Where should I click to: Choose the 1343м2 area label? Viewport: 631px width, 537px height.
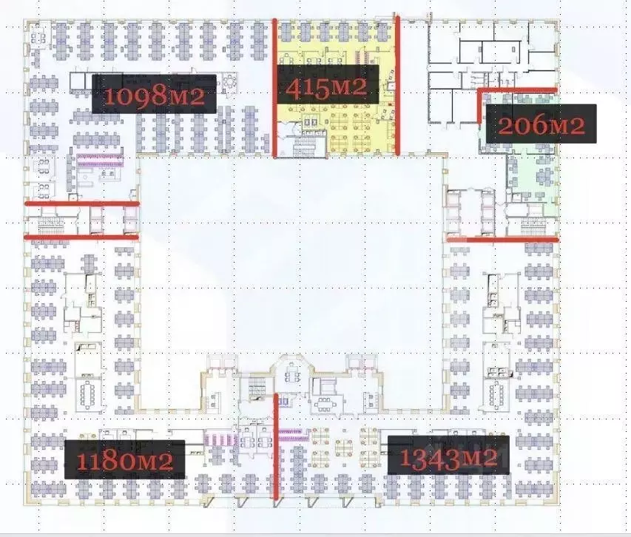(x=448, y=455)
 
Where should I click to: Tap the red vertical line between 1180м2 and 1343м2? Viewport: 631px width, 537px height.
(x=277, y=447)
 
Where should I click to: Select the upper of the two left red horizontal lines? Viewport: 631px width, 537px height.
(x=81, y=203)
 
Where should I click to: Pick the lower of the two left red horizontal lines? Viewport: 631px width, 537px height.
(x=81, y=237)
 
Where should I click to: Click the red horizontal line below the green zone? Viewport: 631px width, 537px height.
(x=502, y=239)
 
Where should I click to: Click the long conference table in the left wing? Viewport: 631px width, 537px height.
(x=90, y=392)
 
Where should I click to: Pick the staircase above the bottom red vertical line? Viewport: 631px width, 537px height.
(x=256, y=385)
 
